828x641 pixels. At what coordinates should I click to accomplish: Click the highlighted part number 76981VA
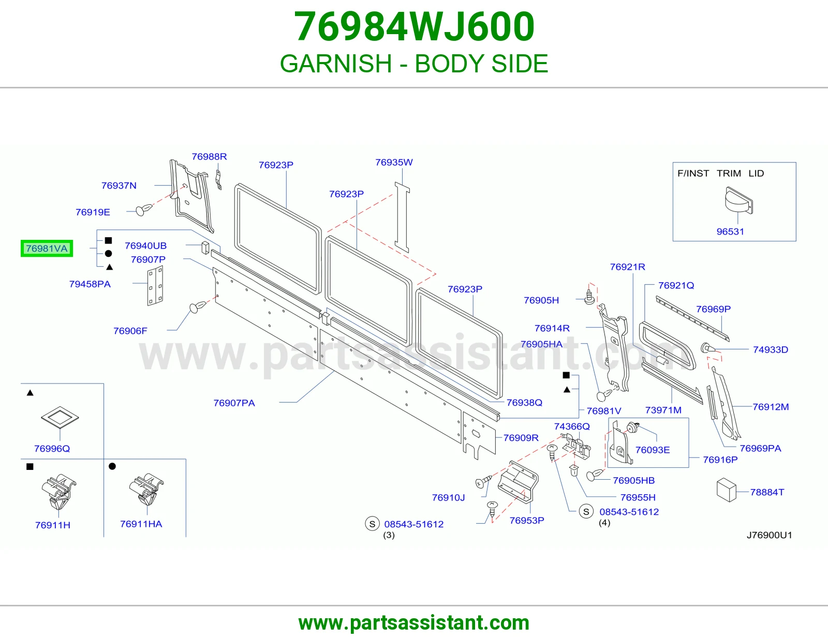(47, 249)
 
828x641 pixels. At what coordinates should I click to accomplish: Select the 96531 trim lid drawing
(739, 201)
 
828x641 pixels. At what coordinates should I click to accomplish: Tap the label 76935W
(394, 162)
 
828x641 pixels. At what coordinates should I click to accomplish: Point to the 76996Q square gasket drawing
(60, 417)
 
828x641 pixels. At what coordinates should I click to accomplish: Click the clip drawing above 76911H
(58, 492)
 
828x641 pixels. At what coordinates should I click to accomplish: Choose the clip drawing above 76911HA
(146, 490)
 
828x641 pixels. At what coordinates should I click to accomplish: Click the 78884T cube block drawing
(726, 490)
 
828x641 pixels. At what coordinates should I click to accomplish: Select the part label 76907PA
(234, 403)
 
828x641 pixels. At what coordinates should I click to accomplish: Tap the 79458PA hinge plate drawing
(155, 285)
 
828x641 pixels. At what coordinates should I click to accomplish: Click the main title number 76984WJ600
(414, 26)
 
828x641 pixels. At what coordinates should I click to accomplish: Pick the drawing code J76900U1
(769, 535)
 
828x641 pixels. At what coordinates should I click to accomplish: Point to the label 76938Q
(524, 403)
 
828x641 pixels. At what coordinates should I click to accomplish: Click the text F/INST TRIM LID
(720, 174)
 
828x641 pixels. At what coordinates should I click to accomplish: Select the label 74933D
(771, 350)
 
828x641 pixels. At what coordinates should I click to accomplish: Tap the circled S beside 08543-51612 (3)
(372, 524)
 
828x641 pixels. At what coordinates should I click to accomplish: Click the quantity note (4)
(604, 523)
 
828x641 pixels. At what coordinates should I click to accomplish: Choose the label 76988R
(209, 157)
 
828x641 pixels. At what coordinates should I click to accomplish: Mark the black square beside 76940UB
(108, 240)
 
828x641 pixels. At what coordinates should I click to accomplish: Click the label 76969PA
(760, 448)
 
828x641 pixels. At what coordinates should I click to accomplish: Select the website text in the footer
(414, 623)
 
